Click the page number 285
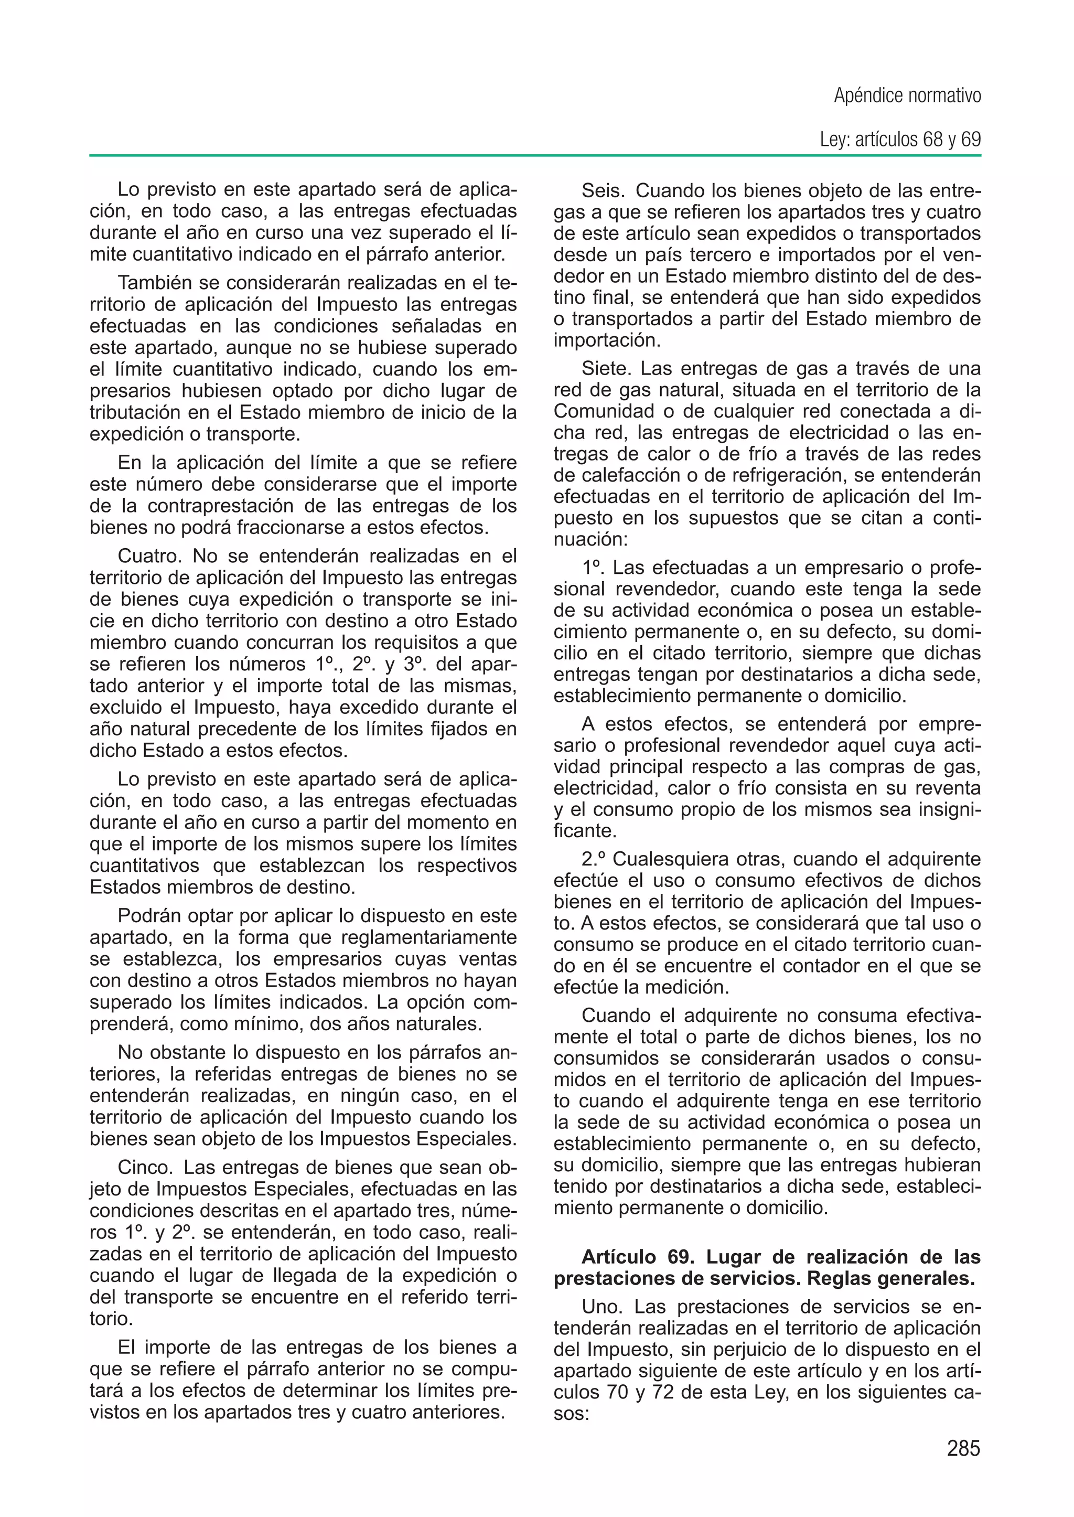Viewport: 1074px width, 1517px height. [x=963, y=1449]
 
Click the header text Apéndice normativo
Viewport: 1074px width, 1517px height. [x=907, y=97]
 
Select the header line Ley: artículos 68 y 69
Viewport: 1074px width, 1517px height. [x=899, y=140]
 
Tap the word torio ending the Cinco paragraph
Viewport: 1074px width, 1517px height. [x=111, y=1319]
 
